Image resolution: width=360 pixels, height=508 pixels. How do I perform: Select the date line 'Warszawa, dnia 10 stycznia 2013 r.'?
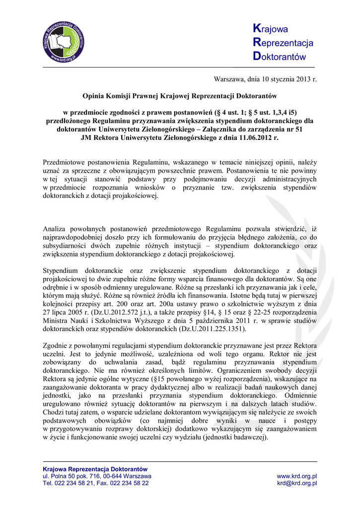click(265, 79)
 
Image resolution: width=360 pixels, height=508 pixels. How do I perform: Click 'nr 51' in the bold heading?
click(292, 129)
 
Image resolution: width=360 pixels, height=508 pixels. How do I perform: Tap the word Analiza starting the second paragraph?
click(56, 229)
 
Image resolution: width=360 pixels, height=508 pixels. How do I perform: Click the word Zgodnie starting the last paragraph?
click(56, 345)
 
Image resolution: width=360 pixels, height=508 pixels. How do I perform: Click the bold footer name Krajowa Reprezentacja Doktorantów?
click(95, 469)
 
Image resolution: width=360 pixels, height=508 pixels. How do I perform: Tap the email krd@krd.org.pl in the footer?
click(297, 483)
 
